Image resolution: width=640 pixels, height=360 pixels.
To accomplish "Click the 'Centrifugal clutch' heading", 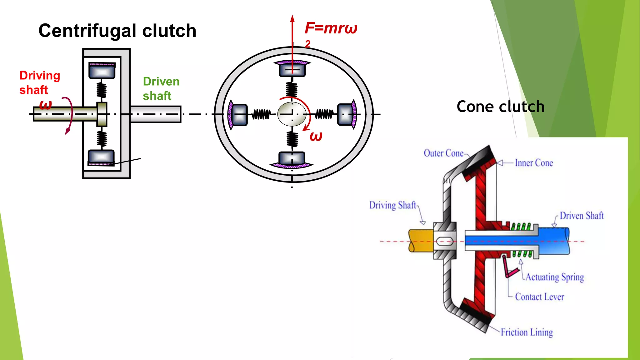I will [x=117, y=31].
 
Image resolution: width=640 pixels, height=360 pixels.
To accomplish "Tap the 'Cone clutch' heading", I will [x=500, y=107].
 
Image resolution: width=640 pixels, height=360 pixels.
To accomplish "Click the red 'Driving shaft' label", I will [x=39, y=82].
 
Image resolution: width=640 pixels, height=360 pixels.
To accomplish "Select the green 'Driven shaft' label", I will [x=161, y=88].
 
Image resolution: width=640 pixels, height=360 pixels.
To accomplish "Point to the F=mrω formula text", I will [x=331, y=28].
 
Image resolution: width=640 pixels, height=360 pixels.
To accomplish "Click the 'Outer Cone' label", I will [x=443, y=153].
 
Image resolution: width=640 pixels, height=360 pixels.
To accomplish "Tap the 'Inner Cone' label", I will [x=534, y=163].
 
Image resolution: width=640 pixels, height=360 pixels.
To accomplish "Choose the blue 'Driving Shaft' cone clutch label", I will [x=392, y=205].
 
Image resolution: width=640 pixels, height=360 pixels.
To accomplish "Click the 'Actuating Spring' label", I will [x=554, y=277].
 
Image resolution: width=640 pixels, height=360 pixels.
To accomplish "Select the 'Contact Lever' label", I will [x=539, y=297].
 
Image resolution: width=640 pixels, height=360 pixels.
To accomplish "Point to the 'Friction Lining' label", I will [x=527, y=332].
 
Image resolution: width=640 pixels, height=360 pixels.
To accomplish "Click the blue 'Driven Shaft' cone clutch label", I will [x=581, y=216].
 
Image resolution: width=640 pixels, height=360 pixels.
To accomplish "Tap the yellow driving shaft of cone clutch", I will [x=421, y=241].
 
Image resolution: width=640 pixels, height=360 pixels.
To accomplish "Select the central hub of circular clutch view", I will [x=292, y=114].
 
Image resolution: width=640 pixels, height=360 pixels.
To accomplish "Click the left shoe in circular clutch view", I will [x=239, y=115].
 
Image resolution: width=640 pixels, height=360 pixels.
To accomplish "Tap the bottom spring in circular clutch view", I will [x=292, y=139].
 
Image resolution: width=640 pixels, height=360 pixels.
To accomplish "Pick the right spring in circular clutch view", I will [x=324, y=114].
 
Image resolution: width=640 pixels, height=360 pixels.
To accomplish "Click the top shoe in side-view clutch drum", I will [x=102, y=71].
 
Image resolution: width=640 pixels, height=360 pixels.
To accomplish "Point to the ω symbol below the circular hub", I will [x=316, y=136].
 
